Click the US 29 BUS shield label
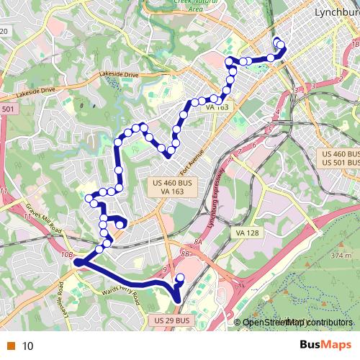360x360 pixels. point(172,320)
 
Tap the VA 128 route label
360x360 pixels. point(246,233)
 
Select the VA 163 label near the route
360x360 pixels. point(217,107)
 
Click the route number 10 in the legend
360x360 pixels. point(28,346)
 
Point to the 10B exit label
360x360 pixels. point(67,255)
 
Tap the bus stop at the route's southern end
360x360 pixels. point(180,277)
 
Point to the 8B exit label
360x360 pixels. point(186,254)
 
